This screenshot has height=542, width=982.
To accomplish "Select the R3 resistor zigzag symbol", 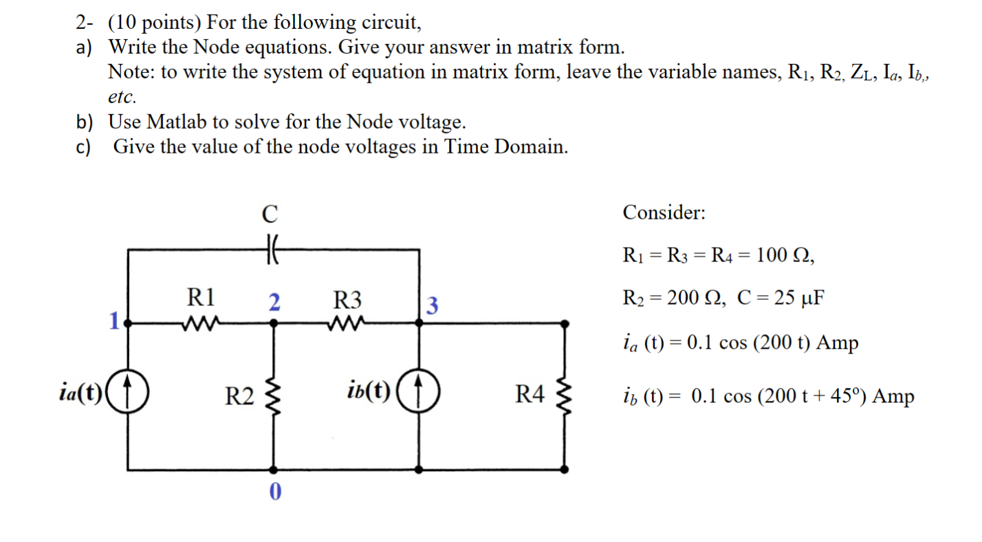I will [346, 322].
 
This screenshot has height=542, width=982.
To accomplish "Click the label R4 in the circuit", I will [530, 395].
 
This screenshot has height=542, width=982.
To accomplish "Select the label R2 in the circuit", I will [240, 396].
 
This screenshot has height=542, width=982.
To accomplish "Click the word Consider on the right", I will [664, 213].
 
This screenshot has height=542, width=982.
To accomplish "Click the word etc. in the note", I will [123, 96].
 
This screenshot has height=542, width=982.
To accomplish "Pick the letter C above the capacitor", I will [270, 214].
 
